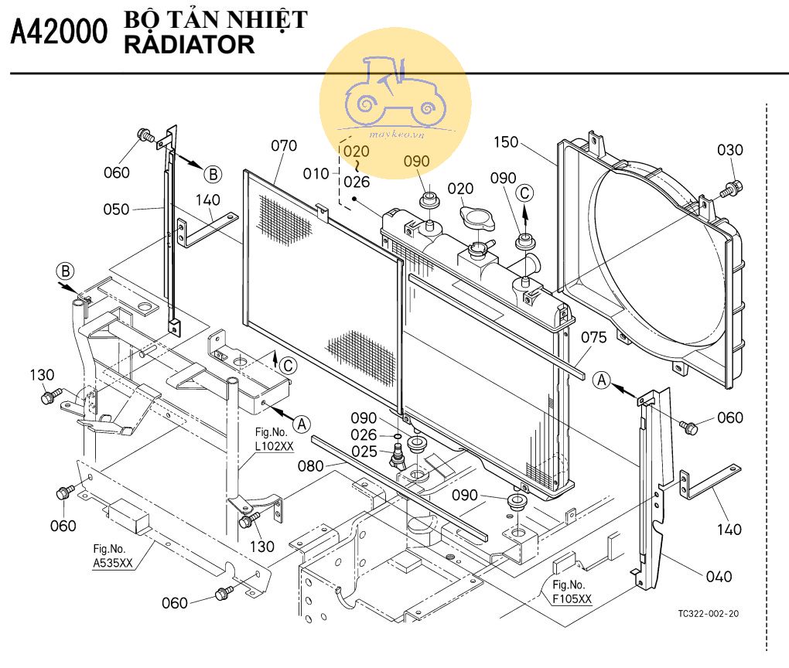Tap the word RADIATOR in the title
[189, 45]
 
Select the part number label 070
[285, 145]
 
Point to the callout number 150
[506, 143]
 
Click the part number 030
[729, 150]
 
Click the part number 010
[316, 174]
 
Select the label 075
[594, 338]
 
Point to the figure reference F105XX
[573, 599]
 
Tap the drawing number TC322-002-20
[708, 613]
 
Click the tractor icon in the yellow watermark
[394, 92]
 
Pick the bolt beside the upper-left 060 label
[145, 138]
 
